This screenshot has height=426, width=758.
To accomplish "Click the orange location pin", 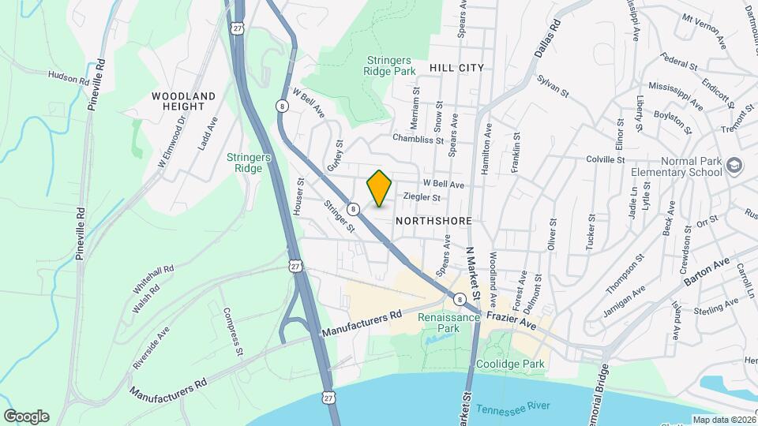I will (380, 189).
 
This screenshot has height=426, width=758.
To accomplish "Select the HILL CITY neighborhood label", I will (456, 68).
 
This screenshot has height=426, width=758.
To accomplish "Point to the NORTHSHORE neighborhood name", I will (433, 221).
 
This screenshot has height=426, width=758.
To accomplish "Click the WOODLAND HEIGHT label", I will (183, 101).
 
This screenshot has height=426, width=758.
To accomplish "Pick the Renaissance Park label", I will (438, 321).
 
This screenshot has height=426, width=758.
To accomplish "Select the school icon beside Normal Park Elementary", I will (735, 165).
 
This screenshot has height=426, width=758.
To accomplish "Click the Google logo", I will (26, 416).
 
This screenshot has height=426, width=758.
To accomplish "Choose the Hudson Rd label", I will (69, 79).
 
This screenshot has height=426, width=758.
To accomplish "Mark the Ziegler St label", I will (421, 197).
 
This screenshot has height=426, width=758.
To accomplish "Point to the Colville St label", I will (606, 159).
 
